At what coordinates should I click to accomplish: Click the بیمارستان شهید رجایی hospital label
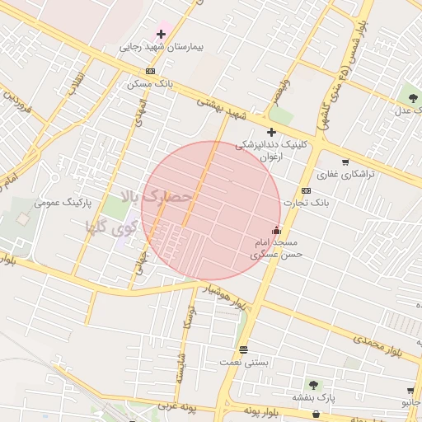[x=160, y=47]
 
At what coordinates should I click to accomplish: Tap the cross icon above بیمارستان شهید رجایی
[x=160, y=35]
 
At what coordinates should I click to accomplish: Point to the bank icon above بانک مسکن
[x=149, y=72]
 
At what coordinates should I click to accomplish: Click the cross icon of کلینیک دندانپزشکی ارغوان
[x=271, y=132]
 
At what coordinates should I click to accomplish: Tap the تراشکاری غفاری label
[x=345, y=175]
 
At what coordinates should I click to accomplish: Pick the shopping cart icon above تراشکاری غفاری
[x=345, y=162]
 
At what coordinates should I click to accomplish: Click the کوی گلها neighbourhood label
[x=110, y=225]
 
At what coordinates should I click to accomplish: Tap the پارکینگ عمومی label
[x=63, y=201]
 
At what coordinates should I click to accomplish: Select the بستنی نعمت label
[x=241, y=361]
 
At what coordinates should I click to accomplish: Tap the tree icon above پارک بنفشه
[x=312, y=385]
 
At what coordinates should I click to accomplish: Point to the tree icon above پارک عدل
[x=412, y=98]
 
